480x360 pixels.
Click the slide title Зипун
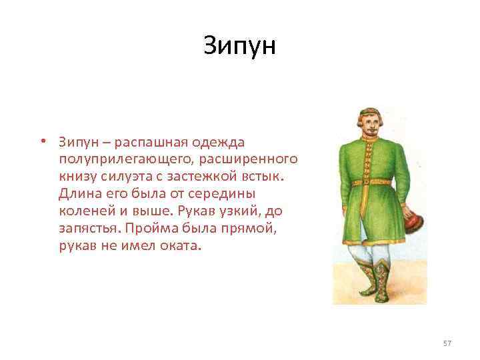click(239, 45)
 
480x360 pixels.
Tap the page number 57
click(447, 343)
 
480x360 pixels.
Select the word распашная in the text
click(146, 142)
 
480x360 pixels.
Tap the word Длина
click(77, 193)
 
